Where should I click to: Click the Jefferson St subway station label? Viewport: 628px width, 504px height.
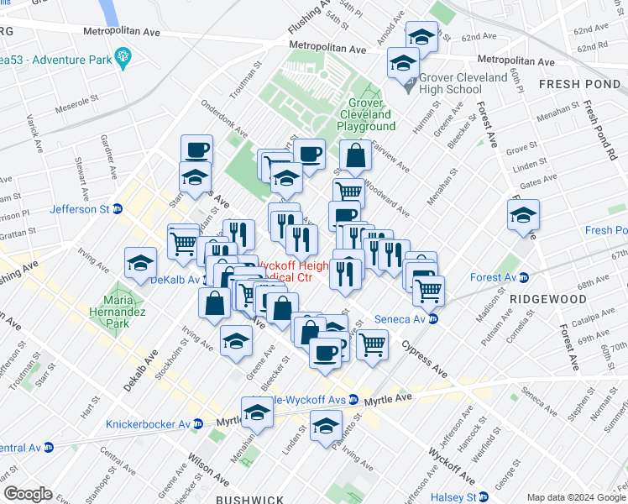(81, 209)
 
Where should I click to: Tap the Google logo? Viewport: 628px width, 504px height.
(28, 494)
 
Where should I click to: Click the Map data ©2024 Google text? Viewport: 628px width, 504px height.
(575, 497)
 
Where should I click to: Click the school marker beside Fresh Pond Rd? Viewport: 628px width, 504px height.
(523, 215)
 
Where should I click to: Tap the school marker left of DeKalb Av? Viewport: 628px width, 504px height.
(140, 263)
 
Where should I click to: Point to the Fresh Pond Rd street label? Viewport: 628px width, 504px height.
(599, 131)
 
